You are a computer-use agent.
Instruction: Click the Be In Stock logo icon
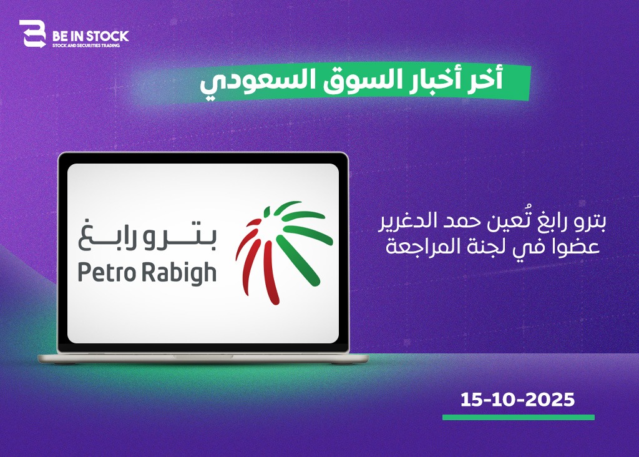[x=32, y=34]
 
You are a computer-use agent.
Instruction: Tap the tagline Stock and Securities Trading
[x=86, y=46]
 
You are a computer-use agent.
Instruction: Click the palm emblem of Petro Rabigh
[x=284, y=253]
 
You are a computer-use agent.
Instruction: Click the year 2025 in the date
[x=550, y=400]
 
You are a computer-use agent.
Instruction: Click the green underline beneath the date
[x=519, y=418]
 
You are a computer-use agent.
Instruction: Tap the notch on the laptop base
[x=203, y=356]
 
